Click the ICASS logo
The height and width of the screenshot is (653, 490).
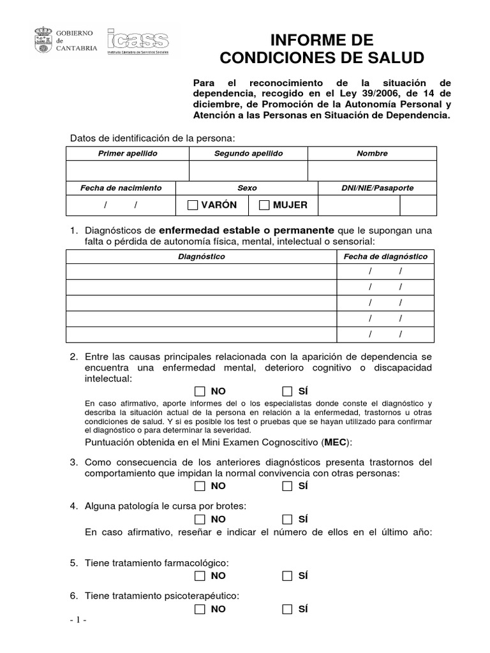click(x=138, y=43)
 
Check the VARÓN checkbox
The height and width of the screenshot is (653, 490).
click(x=193, y=205)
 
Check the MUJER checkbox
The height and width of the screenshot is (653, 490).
click(x=264, y=205)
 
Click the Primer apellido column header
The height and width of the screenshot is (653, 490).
click(x=128, y=154)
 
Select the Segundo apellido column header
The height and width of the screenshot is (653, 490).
click(x=248, y=154)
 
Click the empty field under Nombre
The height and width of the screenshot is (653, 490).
click(x=372, y=171)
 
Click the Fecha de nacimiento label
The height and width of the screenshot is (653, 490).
click(x=121, y=188)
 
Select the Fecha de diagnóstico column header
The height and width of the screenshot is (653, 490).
click(x=385, y=256)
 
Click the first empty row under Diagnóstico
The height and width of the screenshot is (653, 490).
click(x=201, y=272)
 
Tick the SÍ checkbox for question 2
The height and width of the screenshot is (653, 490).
click(x=287, y=391)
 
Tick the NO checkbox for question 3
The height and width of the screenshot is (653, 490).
click(x=200, y=486)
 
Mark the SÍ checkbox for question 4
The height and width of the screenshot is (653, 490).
click(x=287, y=518)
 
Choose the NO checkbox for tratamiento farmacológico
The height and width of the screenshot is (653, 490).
click(x=200, y=576)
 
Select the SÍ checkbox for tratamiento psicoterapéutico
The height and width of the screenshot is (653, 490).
click(x=287, y=609)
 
